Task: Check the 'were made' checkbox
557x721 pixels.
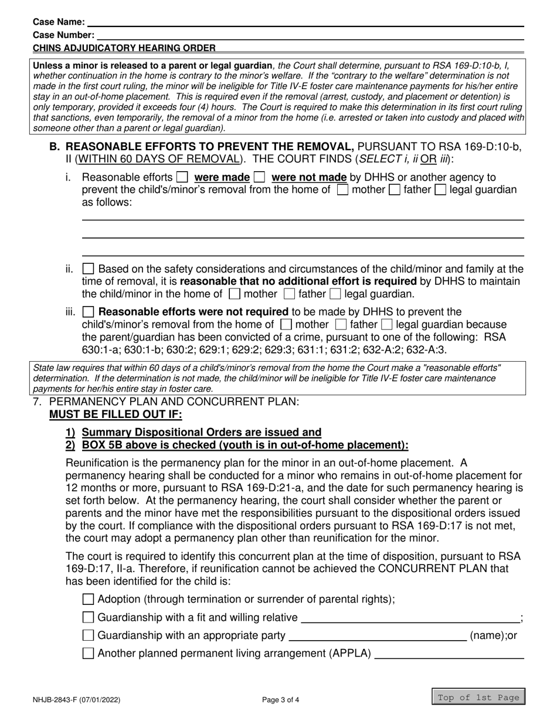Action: point(182,177)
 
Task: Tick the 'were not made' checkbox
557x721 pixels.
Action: point(259,177)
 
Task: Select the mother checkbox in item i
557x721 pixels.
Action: point(342,190)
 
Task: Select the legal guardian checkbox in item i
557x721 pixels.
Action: point(440,190)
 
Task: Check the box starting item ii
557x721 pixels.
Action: point(88,269)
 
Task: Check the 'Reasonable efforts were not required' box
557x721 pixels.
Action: point(88,311)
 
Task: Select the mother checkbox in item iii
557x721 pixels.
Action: point(286,324)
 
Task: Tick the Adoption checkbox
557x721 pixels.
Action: point(88,599)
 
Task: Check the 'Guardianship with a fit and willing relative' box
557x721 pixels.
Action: point(88,617)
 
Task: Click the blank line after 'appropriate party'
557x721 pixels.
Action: point(378,636)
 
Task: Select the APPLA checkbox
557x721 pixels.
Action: point(88,654)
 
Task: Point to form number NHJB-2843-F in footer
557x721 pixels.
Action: point(78,699)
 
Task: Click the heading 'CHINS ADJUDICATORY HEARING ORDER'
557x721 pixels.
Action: point(124,48)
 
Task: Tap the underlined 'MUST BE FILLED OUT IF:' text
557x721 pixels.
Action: point(116,415)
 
